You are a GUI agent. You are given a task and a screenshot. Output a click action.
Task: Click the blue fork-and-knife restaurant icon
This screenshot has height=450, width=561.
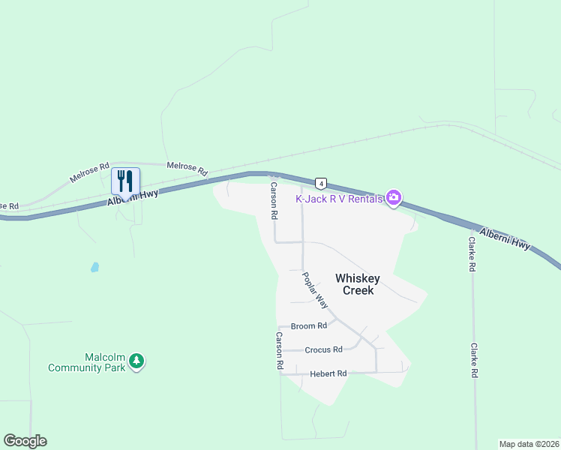pyautogui.click(x=125, y=181)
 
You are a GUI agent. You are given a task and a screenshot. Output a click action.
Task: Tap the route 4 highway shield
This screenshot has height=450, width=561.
pyautogui.click(x=320, y=183)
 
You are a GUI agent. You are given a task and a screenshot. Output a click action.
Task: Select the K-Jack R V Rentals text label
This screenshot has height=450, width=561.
pyautogui.click(x=339, y=199)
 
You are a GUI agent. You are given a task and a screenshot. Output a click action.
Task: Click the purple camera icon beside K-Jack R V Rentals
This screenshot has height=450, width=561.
pyautogui.click(x=394, y=198)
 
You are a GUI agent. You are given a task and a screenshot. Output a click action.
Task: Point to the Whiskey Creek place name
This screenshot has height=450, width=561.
pyautogui.click(x=358, y=284)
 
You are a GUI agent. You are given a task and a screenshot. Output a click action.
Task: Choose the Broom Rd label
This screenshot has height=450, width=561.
pyautogui.click(x=308, y=326)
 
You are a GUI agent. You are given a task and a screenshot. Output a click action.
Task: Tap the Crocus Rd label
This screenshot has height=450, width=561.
pyautogui.click(x=323, y=349)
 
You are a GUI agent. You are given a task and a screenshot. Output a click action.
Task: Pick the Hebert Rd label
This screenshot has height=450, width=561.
pyautogui.click(x=328, y=373)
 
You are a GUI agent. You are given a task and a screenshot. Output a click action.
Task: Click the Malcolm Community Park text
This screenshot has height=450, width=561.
pyautogui.click(x=85, y=362)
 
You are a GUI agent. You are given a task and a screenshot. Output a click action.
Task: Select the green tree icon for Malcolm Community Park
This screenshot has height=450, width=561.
pyautogui.click(x=136, y=362)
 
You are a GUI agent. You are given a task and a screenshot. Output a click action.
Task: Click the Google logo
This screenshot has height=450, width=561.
pyautogui.click(x=25, y=441)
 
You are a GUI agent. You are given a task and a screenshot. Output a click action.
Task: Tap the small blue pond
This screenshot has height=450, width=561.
pyautogui.click(x=94, y=267)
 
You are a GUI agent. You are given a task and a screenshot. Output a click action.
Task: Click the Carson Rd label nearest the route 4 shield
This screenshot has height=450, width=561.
pyautogui.click(x=274, y=200)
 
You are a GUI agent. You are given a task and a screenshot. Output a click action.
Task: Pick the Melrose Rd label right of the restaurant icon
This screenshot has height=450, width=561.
pyautogui.click(x=187, y=168)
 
